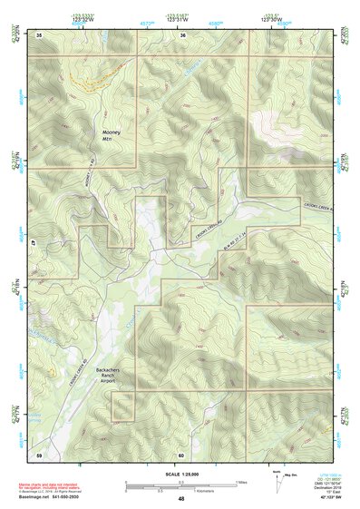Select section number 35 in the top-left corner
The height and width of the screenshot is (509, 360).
(x=39, y=34)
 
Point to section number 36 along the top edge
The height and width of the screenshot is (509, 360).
(x=182, y=34)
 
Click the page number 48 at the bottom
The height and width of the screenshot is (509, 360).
(x=181, y=499)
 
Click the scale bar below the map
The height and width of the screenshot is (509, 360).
(x=181, y=485)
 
